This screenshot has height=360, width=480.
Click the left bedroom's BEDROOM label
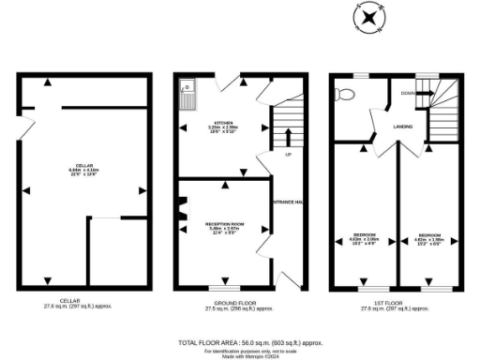364,233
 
